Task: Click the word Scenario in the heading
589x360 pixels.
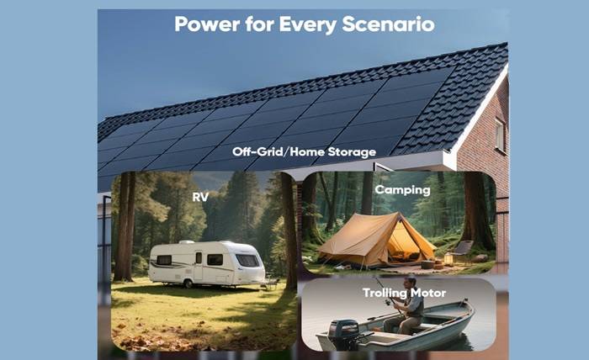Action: coord(388,24)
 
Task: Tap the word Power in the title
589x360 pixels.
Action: coord(207,24)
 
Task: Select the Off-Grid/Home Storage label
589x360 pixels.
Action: coord(304,151)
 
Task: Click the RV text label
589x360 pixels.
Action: coord(200,198)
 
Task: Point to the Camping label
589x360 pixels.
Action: coord(403,190)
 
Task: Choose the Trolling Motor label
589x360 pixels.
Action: coord(404,293)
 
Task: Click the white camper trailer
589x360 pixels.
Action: coord(207,264)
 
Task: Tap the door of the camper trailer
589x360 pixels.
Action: coord(198,266)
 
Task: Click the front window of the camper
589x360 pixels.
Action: coord(247,260)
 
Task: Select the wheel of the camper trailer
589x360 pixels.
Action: coord(188,283)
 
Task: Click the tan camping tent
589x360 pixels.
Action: coord(376,240)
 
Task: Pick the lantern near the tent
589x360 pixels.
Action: coord(448,258)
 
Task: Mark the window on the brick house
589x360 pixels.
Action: coord(500,135)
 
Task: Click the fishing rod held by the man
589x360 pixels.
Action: coord(388,295)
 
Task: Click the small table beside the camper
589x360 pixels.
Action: coord(272,283)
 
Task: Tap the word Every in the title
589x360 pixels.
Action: coord(308,24)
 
